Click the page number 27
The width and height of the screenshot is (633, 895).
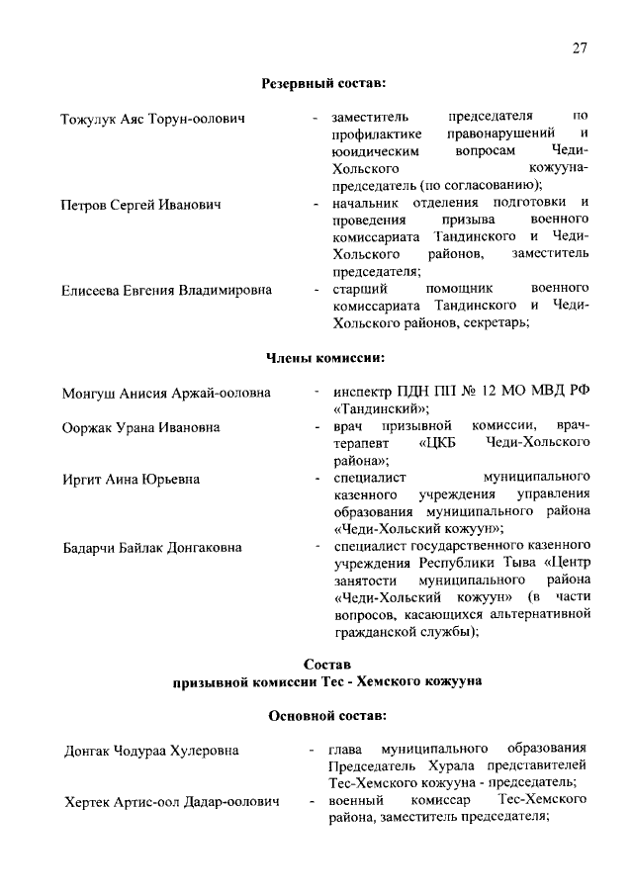tap(581, 48)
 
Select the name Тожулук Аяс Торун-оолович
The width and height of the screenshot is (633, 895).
tap(153, 120)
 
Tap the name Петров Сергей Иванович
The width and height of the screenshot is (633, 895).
tap(140, 204)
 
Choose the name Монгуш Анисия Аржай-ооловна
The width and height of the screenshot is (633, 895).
tap(165, 393)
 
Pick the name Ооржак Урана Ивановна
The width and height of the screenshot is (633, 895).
tap(140, 427)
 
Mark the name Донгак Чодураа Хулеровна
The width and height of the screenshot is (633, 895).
tap(151, 750)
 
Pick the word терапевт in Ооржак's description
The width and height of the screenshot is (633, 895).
tap(363, 443)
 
